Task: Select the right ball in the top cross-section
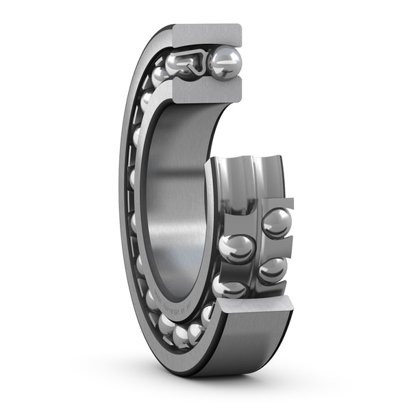click(225, 63)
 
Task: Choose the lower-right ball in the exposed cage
click(273, 269)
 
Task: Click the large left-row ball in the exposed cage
click(237, 248)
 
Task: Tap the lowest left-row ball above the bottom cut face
click(229, 288)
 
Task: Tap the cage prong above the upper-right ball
click(281, 204)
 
